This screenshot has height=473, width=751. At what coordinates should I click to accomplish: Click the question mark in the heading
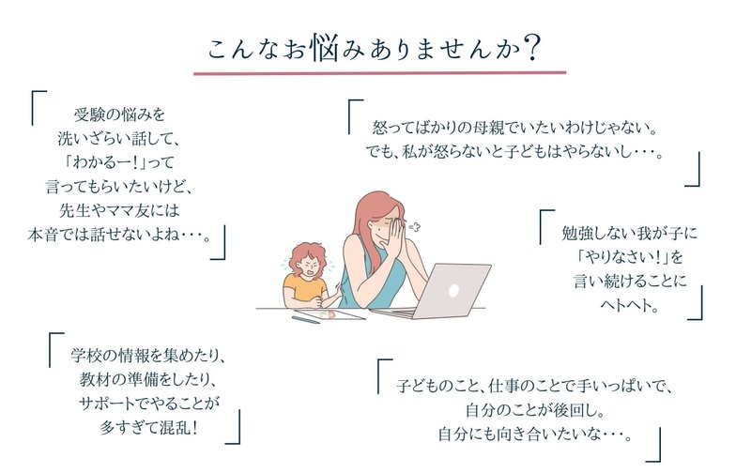click(x=532, y=48)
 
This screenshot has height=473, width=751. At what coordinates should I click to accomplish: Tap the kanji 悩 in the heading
click(x=325, y=48)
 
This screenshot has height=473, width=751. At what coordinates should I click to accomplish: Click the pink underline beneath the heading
click(x=380, y=73)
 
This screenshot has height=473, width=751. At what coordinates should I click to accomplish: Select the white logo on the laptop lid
click(x=453, y=290)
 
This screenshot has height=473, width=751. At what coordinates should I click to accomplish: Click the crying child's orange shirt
click(x=303, y=288)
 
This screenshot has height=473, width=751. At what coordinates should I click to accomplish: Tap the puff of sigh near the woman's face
click(x=415, y=227)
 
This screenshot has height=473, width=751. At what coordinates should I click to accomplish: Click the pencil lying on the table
click(x=307, y=319)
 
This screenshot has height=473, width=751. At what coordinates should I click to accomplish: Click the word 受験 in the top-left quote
click(x=88, y=114)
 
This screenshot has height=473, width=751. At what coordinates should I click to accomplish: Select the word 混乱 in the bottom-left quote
click(x=175, y=428)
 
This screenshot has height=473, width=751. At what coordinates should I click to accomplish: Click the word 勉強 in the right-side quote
click(x=576, y=233)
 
